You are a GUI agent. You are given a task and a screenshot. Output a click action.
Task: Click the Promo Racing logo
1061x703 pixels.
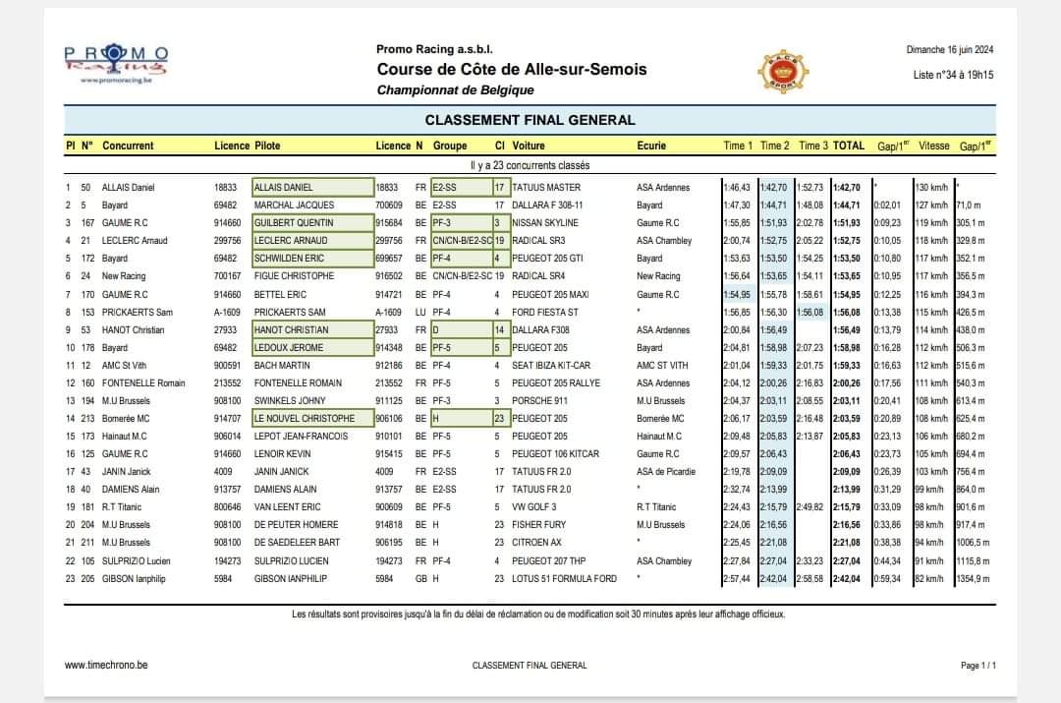pyautogui.click(x=116, y=65)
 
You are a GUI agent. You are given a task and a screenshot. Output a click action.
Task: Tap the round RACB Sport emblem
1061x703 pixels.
pyautogui.click(x=784, y=72)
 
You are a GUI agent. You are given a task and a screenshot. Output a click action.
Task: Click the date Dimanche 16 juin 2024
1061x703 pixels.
pyautogui.click(x=949, y=50)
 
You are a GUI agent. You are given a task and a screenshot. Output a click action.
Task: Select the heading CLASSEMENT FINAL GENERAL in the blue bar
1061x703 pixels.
pyautogui.click(x=530, y=120)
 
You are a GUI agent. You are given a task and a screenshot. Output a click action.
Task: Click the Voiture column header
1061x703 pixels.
pyautogui.click(x=529, y=146)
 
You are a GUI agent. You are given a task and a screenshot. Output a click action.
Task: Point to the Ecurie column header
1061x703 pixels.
pyautogui.click(x=651, y=146)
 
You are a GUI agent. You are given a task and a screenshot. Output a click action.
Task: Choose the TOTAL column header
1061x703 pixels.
pyautogui.click(x=849, y=146)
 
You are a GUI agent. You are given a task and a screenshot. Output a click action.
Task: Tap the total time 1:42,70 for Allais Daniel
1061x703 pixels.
pyautogui.click(x=849, y=188)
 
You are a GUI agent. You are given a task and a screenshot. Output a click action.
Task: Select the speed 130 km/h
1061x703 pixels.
pyautogui.click(x=929, y=188)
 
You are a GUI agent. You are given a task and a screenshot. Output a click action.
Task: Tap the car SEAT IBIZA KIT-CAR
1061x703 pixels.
pyautogui.click(x=552, y=366)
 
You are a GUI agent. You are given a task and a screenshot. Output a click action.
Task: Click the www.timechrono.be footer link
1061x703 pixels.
pyautogui.click(x=106, y=665)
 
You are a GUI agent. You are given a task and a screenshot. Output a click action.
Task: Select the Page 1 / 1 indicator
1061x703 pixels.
pyautogui.click(x=978, y=666)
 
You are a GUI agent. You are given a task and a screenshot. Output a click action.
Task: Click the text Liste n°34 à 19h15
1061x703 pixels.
pyautogui.click(x=953, y=75)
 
